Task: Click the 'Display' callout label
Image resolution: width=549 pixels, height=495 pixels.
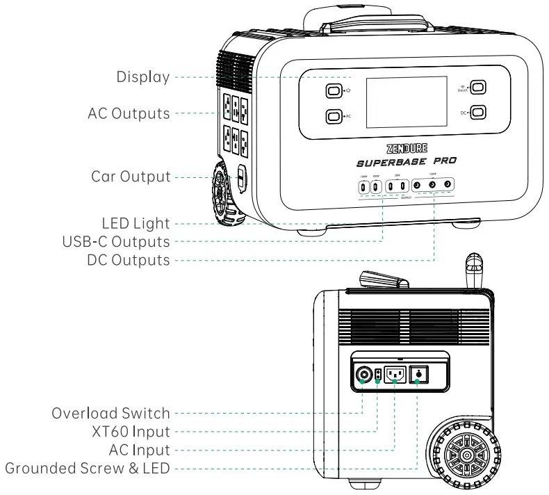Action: click(142, 77)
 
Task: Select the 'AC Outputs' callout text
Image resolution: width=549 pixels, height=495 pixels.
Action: click(129, 113)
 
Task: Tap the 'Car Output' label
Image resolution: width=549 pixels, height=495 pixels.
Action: click(131, 177)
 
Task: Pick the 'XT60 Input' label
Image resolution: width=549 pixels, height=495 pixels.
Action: click(129, 431)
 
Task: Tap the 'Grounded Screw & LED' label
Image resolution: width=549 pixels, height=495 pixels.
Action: click(87, 468)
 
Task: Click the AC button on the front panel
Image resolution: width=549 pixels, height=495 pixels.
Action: click(334, 117)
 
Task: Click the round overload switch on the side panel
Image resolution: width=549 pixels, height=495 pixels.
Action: click(362, 376)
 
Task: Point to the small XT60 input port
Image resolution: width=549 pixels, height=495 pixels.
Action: click(377, 375)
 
